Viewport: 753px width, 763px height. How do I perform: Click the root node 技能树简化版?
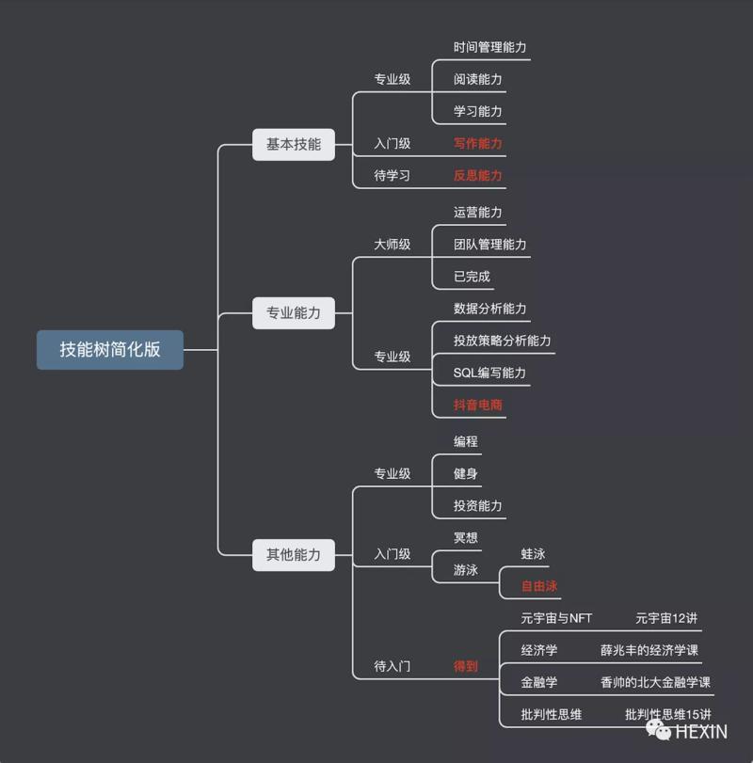[x=110, y=350]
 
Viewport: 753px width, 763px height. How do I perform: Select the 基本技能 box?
[x=294, y=144]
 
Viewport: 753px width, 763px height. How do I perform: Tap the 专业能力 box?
[x=294, y=312]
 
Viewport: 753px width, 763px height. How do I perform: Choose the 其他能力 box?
[x=294, y=554]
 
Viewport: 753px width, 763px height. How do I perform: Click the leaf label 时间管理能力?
[x=489, y=47]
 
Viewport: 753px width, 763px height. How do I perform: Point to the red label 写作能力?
[x=478, y=144]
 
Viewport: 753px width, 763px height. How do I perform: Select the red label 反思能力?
[x=478, y=176]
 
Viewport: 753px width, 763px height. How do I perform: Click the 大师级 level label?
[x=393, y=245]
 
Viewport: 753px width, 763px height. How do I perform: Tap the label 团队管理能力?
[x=489, y=245]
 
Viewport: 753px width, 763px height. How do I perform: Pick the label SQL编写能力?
[x=489, y=374]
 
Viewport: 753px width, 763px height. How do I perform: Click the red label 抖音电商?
[x=478, y=405]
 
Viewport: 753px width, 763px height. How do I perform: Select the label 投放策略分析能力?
[x=502, y=341]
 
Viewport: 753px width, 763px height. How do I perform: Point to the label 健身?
[x=466, y=474]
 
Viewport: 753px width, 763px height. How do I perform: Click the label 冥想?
[x=466, y=538]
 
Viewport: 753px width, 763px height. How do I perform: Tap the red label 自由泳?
[x=539, y=586]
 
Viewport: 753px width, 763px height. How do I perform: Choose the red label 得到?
[x=466, y=666]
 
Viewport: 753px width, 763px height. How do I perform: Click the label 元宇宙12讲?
[x=666, y=618]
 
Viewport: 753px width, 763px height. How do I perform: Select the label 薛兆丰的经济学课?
[x=649, y=650]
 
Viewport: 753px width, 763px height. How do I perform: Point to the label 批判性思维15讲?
[x=668, y=715]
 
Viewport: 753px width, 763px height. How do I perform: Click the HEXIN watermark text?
[x=700, y=731]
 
